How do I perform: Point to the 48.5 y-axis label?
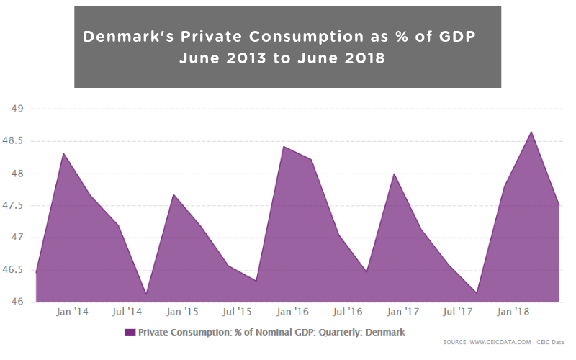pos(15,141)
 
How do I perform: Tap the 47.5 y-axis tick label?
pos(15,205)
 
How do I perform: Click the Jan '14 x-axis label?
pos(72,312)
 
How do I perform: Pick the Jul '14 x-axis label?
pos(127,312)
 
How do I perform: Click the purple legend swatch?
pos(130,332)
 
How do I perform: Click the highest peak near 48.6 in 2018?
pos(532,132)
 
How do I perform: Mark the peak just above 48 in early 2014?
pos(63,153)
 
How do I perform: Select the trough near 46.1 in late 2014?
pos(146,294)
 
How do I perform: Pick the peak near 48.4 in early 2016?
pos(284,147)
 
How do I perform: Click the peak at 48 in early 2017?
pos(395,174)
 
